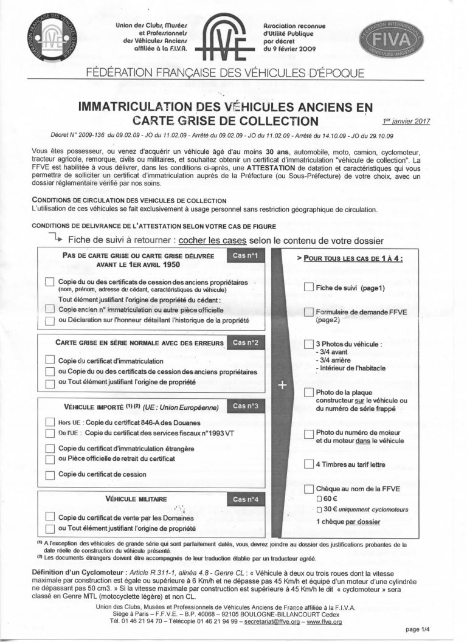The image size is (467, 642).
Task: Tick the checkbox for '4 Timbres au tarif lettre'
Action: [x=308, y=465]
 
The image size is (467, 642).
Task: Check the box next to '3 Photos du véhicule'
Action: [x=308, y=345]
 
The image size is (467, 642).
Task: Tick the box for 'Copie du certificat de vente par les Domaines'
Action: [x=50, y=518]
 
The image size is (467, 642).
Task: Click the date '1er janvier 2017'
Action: [x=407, y=121]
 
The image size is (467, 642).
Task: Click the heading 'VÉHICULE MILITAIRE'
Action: [x=136, y=499]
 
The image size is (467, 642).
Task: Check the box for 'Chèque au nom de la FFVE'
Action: [x=308, y=488]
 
